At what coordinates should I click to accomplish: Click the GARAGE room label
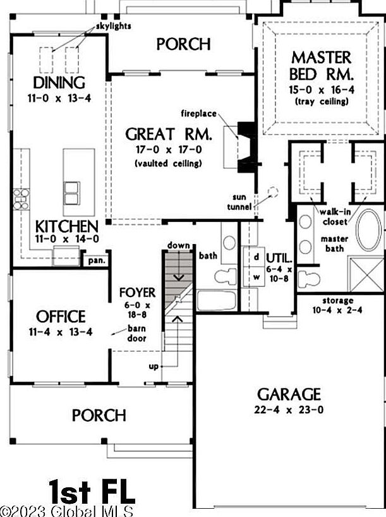[x=288, y=394]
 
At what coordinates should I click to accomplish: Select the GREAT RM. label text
[x=168, y=135]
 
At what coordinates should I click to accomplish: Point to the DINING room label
[x=59, y=83]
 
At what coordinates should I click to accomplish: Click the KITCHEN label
[x=66, y=227]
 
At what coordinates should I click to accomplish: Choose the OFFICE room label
[x=61, y=316]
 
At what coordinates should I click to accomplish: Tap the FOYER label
[x=138, y=293]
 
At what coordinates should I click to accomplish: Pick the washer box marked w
[x=256, y=276]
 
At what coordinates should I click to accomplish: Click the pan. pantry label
[x=97, y=260]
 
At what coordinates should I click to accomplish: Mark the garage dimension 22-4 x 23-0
[x=287, y=411]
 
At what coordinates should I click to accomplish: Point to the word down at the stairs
[x=178, y=245]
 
